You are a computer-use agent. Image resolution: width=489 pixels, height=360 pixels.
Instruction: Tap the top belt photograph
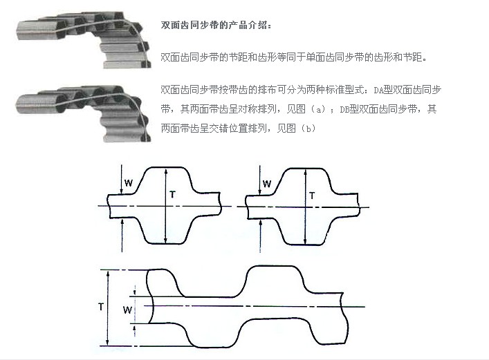(84, 40)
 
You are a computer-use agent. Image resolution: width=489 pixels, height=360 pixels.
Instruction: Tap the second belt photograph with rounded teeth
(84, 113)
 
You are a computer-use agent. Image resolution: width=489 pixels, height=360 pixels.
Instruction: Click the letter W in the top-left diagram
(129, 183)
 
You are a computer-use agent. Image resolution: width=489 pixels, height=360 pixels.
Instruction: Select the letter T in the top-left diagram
(172, 195)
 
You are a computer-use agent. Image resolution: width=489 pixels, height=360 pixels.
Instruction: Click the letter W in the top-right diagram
(267, 184)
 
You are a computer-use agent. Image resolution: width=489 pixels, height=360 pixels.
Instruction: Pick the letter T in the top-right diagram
(312, 196)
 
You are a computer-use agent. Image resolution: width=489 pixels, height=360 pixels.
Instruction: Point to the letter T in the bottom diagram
(101, 307)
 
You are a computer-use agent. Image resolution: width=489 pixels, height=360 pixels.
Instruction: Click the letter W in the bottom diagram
(127, 310)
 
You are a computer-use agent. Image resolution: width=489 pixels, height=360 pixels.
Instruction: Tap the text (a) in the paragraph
(318, 109)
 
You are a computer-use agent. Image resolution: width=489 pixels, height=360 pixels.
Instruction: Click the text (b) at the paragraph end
(308, 128)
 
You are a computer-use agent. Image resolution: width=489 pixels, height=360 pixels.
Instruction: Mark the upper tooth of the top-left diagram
(165, 180)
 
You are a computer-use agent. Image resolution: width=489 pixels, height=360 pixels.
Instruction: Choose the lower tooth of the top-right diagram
(305, 231)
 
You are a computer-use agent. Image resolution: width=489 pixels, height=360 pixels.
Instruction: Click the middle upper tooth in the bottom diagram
(273, 281)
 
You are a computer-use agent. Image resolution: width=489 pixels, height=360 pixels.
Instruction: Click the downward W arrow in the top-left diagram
(122, 179)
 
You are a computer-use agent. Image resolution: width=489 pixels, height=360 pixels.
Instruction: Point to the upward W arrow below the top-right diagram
(260, 236)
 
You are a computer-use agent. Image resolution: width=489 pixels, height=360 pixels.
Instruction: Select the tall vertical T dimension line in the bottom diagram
(108, 307)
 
